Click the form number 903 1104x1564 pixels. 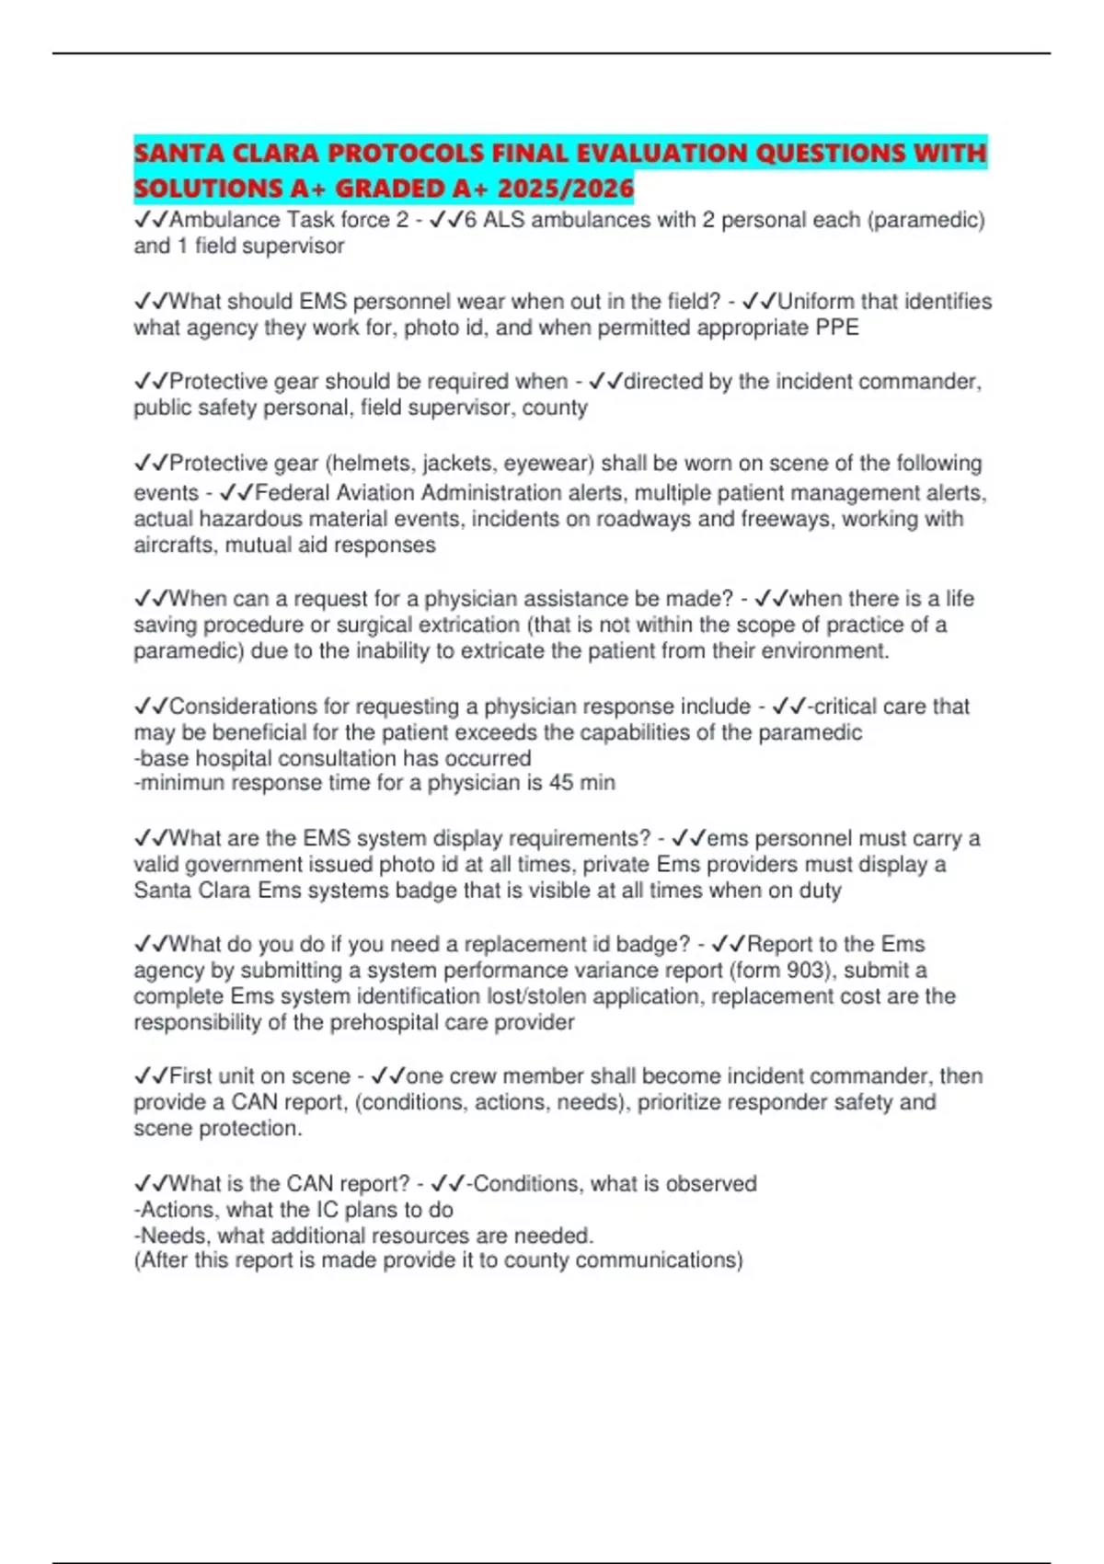point(807,971)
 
